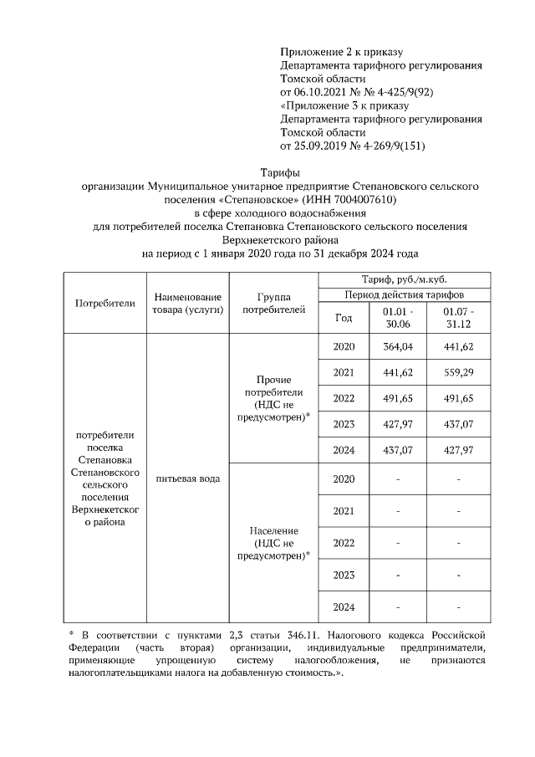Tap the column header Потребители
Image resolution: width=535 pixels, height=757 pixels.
tap(104, 303)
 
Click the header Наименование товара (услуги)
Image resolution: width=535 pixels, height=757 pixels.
tap(187, 303)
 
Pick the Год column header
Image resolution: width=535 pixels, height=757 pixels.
tap(344, 318)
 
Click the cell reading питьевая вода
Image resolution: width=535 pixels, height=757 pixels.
tap(187, 479)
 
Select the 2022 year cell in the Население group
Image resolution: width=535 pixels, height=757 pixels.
tap(344, 543)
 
